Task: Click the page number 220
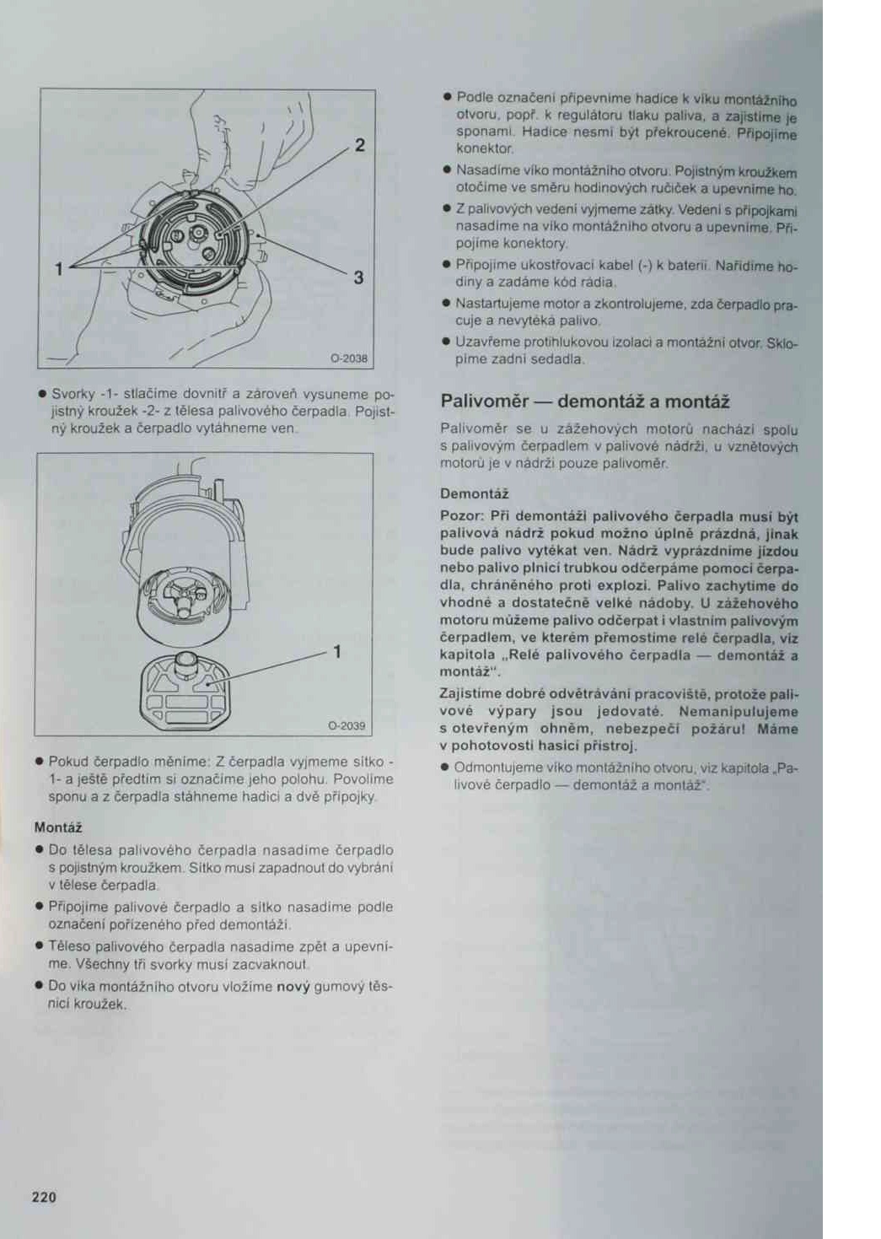coord(44,1196)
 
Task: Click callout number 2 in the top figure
coord(360,145)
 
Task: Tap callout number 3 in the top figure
coord(358,277)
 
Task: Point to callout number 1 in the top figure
coord(58,269)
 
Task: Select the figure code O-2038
coord(348,358)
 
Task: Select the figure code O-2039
coord(346,725)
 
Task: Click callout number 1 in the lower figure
coord(337,651)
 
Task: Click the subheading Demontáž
coord(474,493)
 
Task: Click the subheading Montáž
coord(57,827)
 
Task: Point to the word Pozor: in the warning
coord(461,515)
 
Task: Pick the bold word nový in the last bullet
coord(293,986)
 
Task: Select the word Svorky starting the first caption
coord(73,394)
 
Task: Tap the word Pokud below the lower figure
coord(68,762)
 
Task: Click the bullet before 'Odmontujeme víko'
coord(444,768)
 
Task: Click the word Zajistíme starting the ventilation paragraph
coord(470,693)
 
